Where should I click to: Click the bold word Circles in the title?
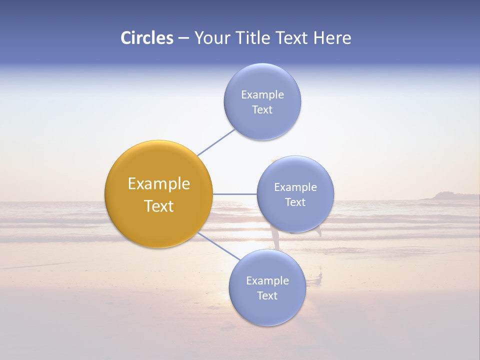point(146,38)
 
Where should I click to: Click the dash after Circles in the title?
point(183,38)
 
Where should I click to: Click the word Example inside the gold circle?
point(158,184)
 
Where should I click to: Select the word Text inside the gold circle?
point(158,206)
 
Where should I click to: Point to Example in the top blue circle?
point(262,95)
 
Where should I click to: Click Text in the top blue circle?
point(262,110)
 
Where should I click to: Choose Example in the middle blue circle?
point(295,187)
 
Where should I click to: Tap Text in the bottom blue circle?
point(267,296)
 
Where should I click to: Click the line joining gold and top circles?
point(216,142)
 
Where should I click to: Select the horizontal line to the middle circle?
point(234,194)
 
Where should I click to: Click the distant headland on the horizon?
point(445,196)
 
